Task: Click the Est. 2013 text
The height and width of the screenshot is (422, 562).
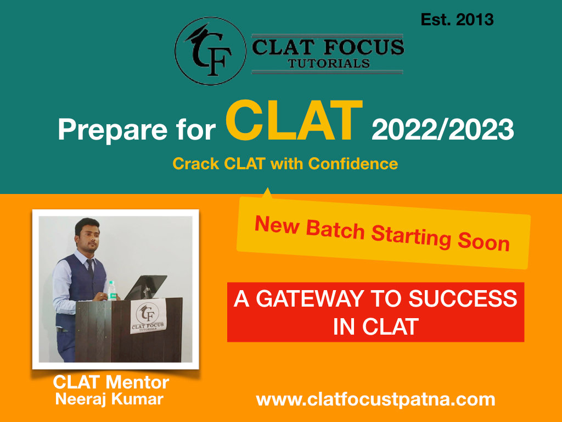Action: pyautogui.click(x=457, y=20)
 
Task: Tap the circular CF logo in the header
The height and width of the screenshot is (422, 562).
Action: pyautogui.click(x=210, y=51)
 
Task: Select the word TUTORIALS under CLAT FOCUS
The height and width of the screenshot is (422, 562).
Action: pyautogui.click(x=329, y=64)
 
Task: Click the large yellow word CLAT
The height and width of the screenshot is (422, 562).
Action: pyautogui.click(x=294, y=120)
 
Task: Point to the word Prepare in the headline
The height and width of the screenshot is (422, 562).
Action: pyautogui.click(x=113, y=130)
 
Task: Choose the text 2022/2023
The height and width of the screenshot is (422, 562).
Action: pyautogui.click(x=443, y=129)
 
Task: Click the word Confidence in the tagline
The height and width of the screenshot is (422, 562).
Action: pyautogui.click(x=353, y=164)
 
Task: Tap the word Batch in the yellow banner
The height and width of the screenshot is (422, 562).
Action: pyautogui.click(x=335, y=230)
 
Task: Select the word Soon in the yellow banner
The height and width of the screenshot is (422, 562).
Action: pyautogui.click(x=484, y=241)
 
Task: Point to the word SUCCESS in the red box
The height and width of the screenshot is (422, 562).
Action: pyautogui.click(x=463, y=298)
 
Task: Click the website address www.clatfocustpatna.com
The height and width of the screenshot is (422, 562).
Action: pyautogui.click(x=375, y=399)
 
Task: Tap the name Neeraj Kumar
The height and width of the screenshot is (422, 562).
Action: pyautogui.click(x=109, y=399)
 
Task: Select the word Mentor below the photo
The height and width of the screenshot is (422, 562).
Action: pyautogui.click(x=137, y=382)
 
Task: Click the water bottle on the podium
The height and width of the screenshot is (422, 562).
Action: pyautogui.click(x=112, y=290)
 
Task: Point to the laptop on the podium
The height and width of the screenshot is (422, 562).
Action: pyautogui.click(x=145, y=287)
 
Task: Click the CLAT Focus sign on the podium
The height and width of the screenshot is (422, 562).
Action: pyautogui.click(x=148, y=316)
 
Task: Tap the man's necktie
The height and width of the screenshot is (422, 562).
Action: pyautogui.click(x=91, y=268)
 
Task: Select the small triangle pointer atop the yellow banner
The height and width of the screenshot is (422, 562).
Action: pyautogui.click(x=267, y=193)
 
